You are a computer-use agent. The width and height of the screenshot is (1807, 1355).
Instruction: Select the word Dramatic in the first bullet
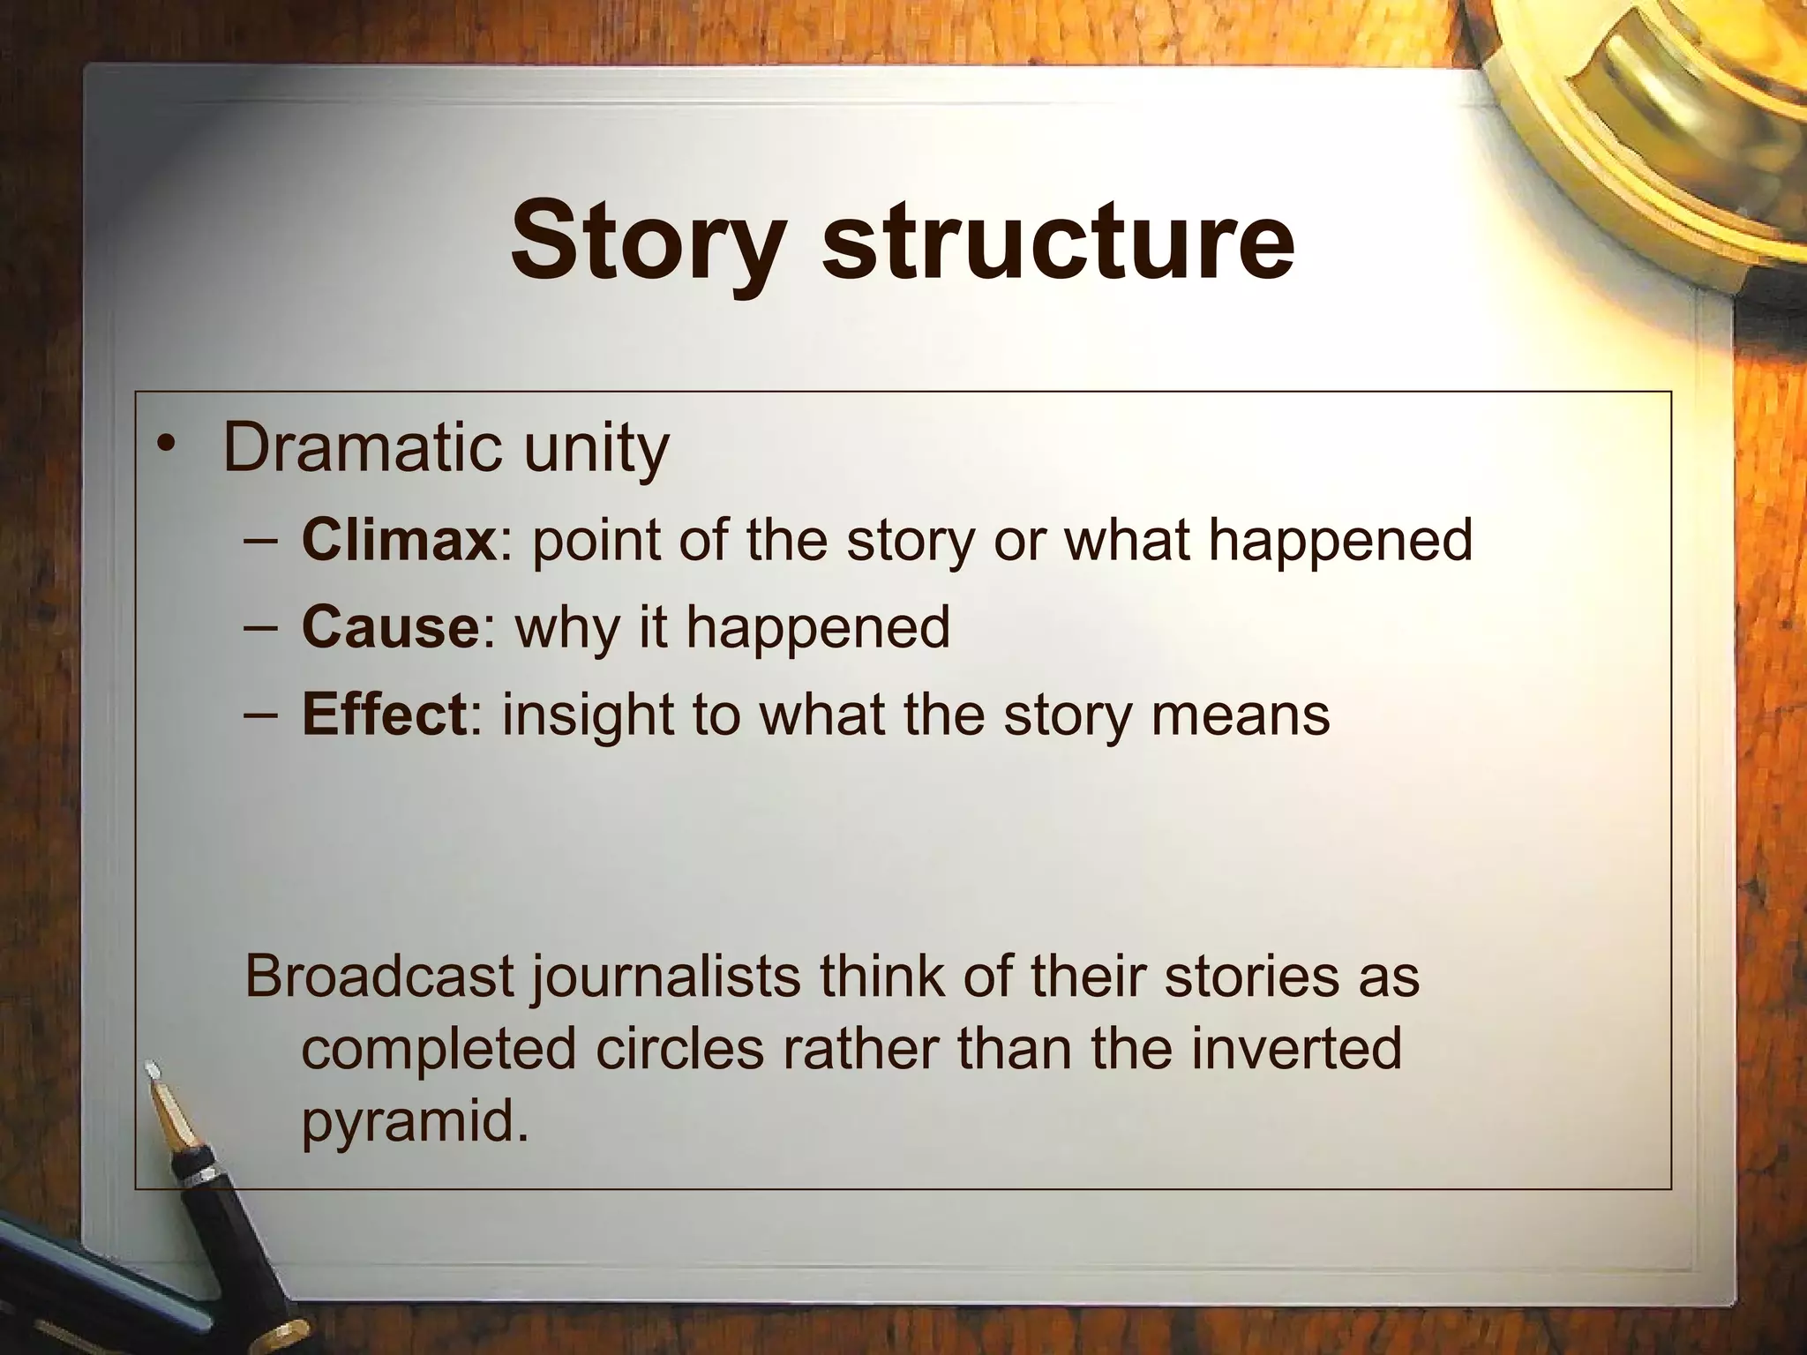click(x=361, y=448)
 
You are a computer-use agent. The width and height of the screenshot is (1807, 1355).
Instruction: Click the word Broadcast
click(x=379, y=976)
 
